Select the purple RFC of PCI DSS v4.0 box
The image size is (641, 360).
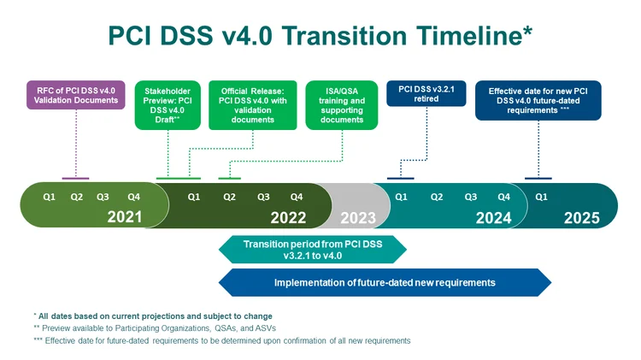[x=76, y=94]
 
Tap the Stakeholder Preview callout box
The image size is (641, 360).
[x=168, y=105]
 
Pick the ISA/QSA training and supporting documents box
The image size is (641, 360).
[x=340, y=105]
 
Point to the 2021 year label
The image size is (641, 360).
[x=125, y=217]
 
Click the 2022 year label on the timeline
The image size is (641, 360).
[x=288, y=217]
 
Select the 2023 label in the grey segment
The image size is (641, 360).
[x=358, y=217]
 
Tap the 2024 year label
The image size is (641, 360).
[x=493, y=217]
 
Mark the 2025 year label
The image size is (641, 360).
[x=581, y=217]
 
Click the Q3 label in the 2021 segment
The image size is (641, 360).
[x=103, y=197]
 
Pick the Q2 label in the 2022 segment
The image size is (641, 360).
[x=229, y=197]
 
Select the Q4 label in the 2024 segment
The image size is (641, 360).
[x=504, y=197]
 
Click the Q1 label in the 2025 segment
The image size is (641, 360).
[x=541, y=197]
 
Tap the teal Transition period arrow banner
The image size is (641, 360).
[x=312, y=249]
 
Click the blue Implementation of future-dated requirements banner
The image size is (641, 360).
[x=385, y=282]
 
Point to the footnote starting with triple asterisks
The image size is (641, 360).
[x=222, y=340]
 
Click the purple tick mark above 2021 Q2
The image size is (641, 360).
[x=76, y=178]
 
